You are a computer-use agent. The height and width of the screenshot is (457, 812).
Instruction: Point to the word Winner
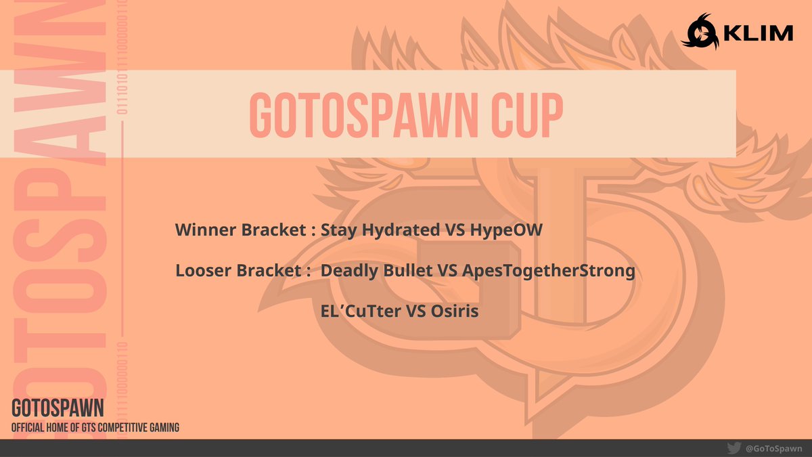click(202, 230)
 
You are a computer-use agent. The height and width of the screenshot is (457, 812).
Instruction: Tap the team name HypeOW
click(504, 230)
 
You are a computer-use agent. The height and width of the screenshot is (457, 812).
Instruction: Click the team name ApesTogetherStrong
click(549, 271)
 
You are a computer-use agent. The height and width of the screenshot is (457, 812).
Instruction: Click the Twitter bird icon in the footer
click(733, 448)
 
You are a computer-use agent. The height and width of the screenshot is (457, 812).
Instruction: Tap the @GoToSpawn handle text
click(773, 448)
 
